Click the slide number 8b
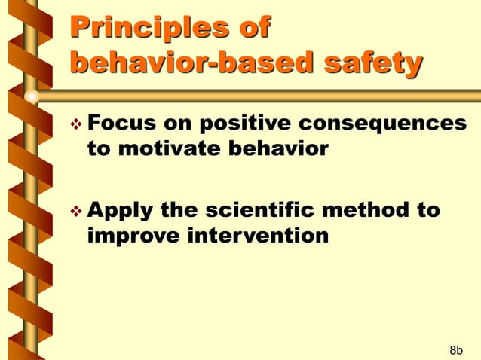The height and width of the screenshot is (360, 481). pos(455,349)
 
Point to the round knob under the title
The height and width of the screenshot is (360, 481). pos(32,97)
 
